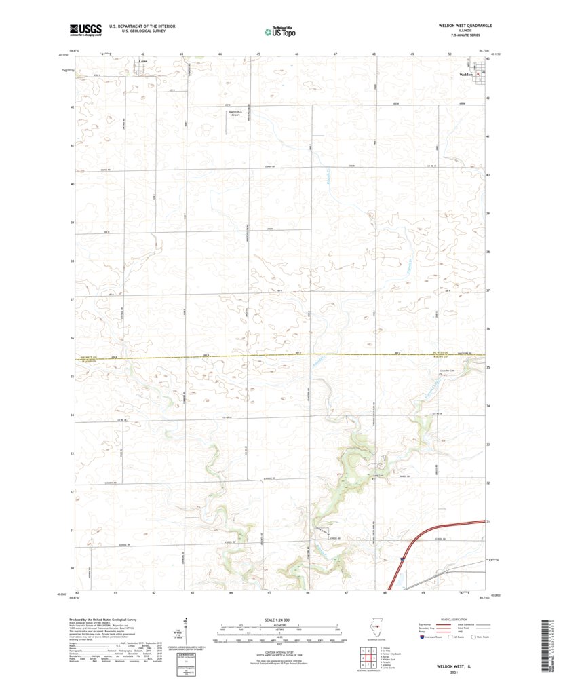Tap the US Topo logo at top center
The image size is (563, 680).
pyautogui.click(x=279, y=31)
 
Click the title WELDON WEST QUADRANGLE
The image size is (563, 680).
pyautogui.click(x=465, y=25)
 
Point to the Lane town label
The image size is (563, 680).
pyautogui.click(x=142, y=61)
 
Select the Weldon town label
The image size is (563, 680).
pyautogui.click(x=466, y=74)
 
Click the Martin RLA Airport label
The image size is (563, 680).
pyautogui.click(x=236, y=113)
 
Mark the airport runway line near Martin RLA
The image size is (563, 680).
pyautogui.click(x=227, y=121)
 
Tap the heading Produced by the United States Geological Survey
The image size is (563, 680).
pyautogui.click(x=109, y=620)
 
